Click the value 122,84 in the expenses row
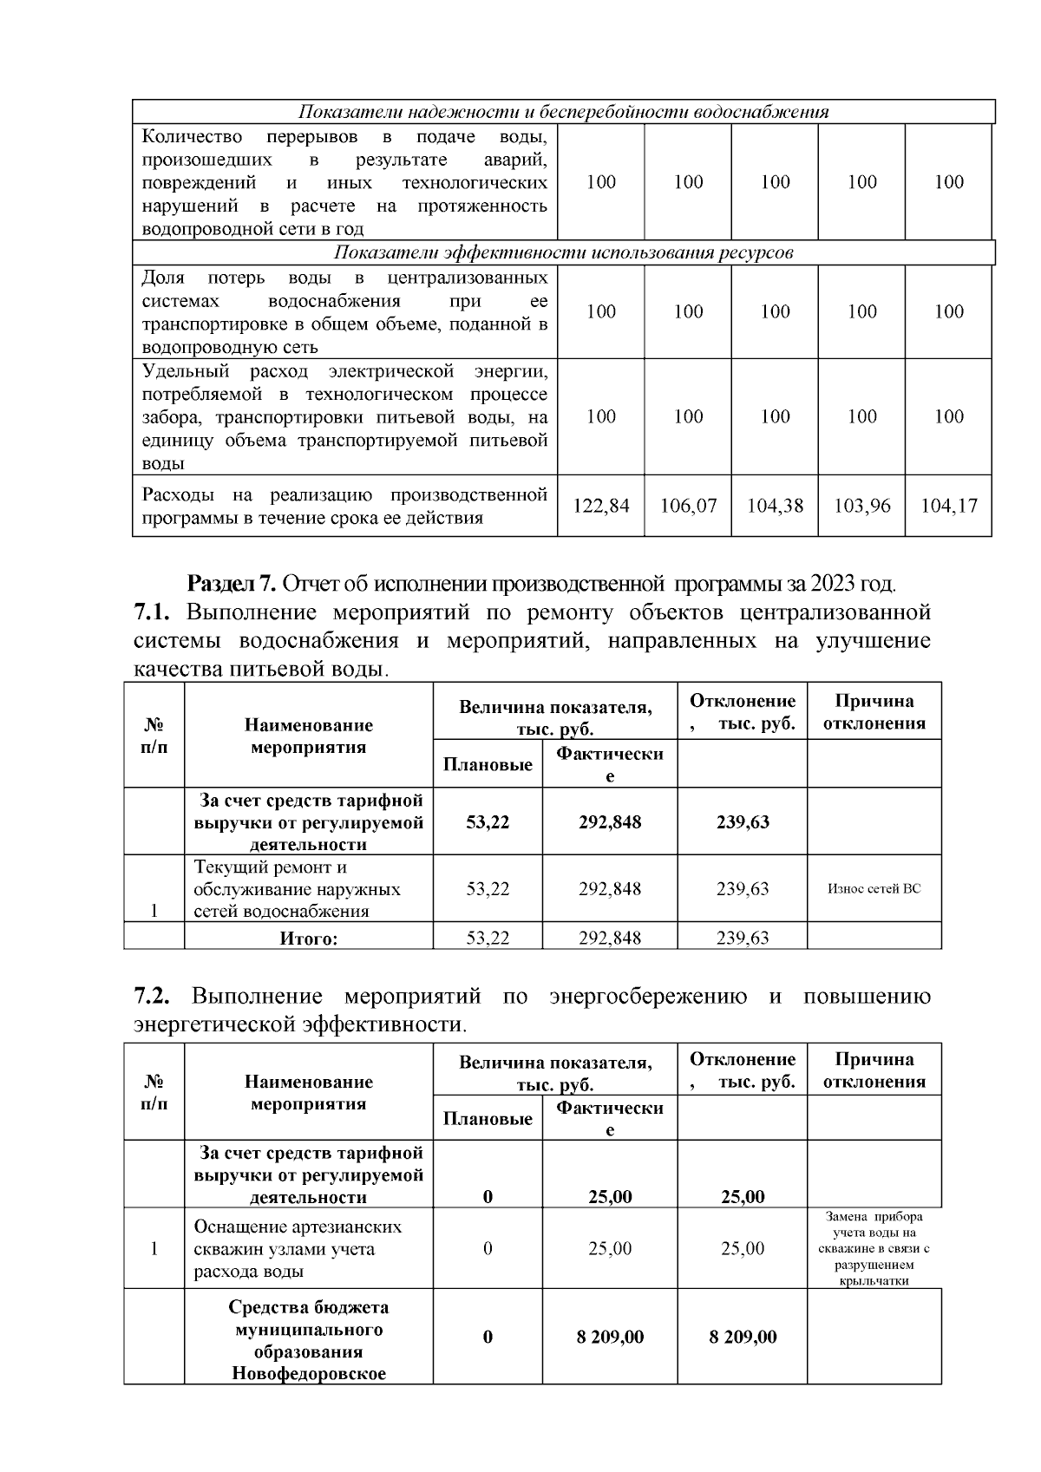click(x=601, y=506)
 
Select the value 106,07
click(x=688, y=506)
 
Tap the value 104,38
click(x=775, y=506)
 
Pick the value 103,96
click(x=861, y=506)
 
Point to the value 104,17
click(x=948, y=506)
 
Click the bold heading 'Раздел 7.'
click(x=232, y=581)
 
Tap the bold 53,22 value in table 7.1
click(x=488, y=821)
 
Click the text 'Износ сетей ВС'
click(x=874, y=888)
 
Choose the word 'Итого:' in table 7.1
click(x=308, y=938)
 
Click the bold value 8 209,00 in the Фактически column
click(x=610, y=1337)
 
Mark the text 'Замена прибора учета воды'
click(x=874, y=1224)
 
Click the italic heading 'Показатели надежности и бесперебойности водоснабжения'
click(x=563, y=112)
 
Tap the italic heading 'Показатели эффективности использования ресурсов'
click(x=563, y=252)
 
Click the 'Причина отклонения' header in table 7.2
click(x=874, y=1070)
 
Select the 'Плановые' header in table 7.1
click(x=488, y=764)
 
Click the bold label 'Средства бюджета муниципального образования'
click(x=308, y=1329)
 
